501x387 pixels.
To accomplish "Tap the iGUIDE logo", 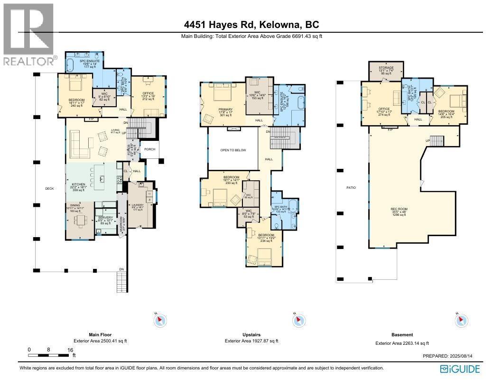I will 460,369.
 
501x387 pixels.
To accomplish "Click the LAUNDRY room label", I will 138,205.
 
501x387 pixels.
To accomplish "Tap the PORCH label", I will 150,149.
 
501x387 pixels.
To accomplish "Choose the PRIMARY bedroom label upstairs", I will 226,108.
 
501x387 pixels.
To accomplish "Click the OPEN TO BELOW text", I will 233,150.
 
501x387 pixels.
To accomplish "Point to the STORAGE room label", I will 386,68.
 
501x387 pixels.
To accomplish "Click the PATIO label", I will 351,188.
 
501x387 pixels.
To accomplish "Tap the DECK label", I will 50,188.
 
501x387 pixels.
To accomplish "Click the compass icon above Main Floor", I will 160,321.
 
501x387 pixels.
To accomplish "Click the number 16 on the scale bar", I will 71,350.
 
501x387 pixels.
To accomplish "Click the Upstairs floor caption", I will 251,334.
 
